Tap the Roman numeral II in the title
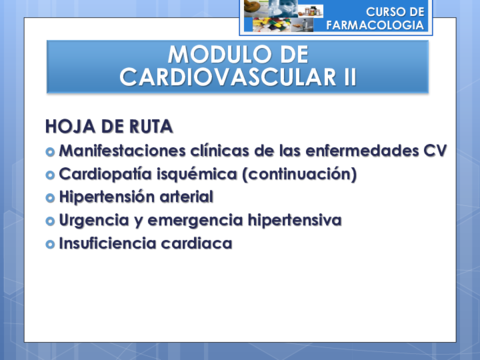(344, 76)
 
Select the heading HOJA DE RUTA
(109, 127)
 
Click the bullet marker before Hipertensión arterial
(51, 197)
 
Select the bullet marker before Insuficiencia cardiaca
(51, 243)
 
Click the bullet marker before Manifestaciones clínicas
(51, 151)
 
